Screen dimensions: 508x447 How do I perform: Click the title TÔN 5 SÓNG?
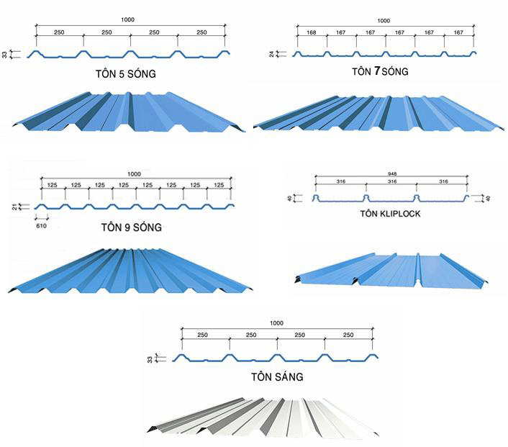pyautogui.click(x=126, y=73)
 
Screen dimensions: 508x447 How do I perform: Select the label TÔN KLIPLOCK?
pyautogui.click(x=391, y=214)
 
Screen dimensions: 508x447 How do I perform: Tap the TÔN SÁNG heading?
pyautogui.click(x=277, y=376)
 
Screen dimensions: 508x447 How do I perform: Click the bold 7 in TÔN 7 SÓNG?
pyautogui.click(x=377, y=71)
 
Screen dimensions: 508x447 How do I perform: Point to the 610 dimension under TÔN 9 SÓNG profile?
pyautogui.click(x=41, y=226)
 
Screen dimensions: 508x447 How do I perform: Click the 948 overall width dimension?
pyautogui.click(x=392, y=174)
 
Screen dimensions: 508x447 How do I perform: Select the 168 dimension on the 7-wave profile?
pyautogui.click(x=312, y=32)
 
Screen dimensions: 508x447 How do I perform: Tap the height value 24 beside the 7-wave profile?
pyautogui.click(x=272, y=54)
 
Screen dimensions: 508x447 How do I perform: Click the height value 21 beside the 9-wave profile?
pyautogui.click(x=14, y=207)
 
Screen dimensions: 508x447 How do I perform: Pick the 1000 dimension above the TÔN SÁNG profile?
pyautogui.click(x=276, y=323)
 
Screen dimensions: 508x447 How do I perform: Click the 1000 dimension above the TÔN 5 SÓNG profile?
pyautogui.click(x=127, y=19)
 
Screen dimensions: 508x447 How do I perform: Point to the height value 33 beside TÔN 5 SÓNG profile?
pyautogui.click(x=4, y=55)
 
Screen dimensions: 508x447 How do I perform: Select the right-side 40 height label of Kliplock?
pyautogui.click(x=489, y=198)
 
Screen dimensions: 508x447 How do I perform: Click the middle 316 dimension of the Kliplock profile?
pyautogui.click(x=392, y=181)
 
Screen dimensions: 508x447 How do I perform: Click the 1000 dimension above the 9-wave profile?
pyautogui.click(x=134, y=174)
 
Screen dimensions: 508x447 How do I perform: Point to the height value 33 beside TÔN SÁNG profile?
pyautogui.click(x=150, y=359)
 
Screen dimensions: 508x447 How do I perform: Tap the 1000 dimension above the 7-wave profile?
pyautogui.click(x=384, y=21)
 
